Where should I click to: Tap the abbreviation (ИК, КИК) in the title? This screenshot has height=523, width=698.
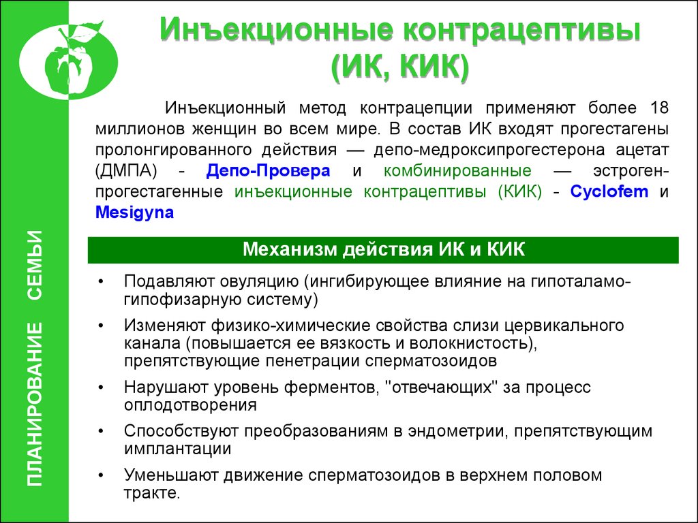tap(400, 69)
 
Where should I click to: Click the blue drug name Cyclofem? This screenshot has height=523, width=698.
tap(609, 191)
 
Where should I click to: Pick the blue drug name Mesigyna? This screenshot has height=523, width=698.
tap(134, 212)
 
